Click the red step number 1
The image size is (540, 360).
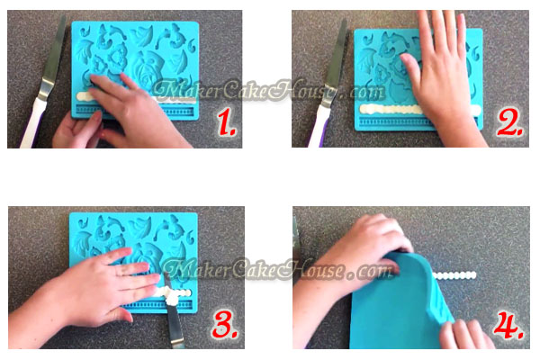point(227,123)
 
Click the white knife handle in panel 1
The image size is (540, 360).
point(32,123)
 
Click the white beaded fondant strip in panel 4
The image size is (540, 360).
point(454,275)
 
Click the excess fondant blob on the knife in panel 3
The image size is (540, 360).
point(170,297)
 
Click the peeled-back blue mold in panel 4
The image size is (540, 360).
point(400,304)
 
